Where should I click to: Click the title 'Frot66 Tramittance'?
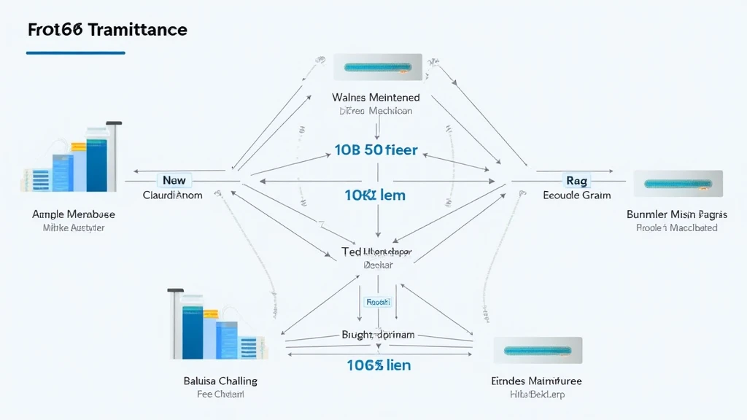pyautogui.click(x=107, y=30)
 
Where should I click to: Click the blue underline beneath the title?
pyautogui.click(x=75, y=52)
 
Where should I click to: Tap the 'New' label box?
pyautogui.click(x=174, y=180)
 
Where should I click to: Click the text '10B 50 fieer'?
pyautogui.click(x=376, y=150)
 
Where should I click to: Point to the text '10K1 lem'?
pyautogui.click(x=375, y=195)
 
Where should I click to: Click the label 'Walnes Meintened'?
pyautogui.click(x=376, y=97)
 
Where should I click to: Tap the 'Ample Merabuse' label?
pyautogui.click(x=74, y=214)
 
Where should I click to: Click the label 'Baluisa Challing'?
pyautogui.click(x=220, y=381)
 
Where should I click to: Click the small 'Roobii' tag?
pyautogui.click(x=378, y=301)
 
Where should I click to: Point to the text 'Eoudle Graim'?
pyautogui.click(x=577, y=195)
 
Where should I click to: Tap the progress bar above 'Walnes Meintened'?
pyautogui.click(x=378, y=67)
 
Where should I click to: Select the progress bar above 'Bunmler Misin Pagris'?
pyautogui.click(x=678, y=184)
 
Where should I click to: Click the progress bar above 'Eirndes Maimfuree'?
pyautogui.click(x=538, y=351)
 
